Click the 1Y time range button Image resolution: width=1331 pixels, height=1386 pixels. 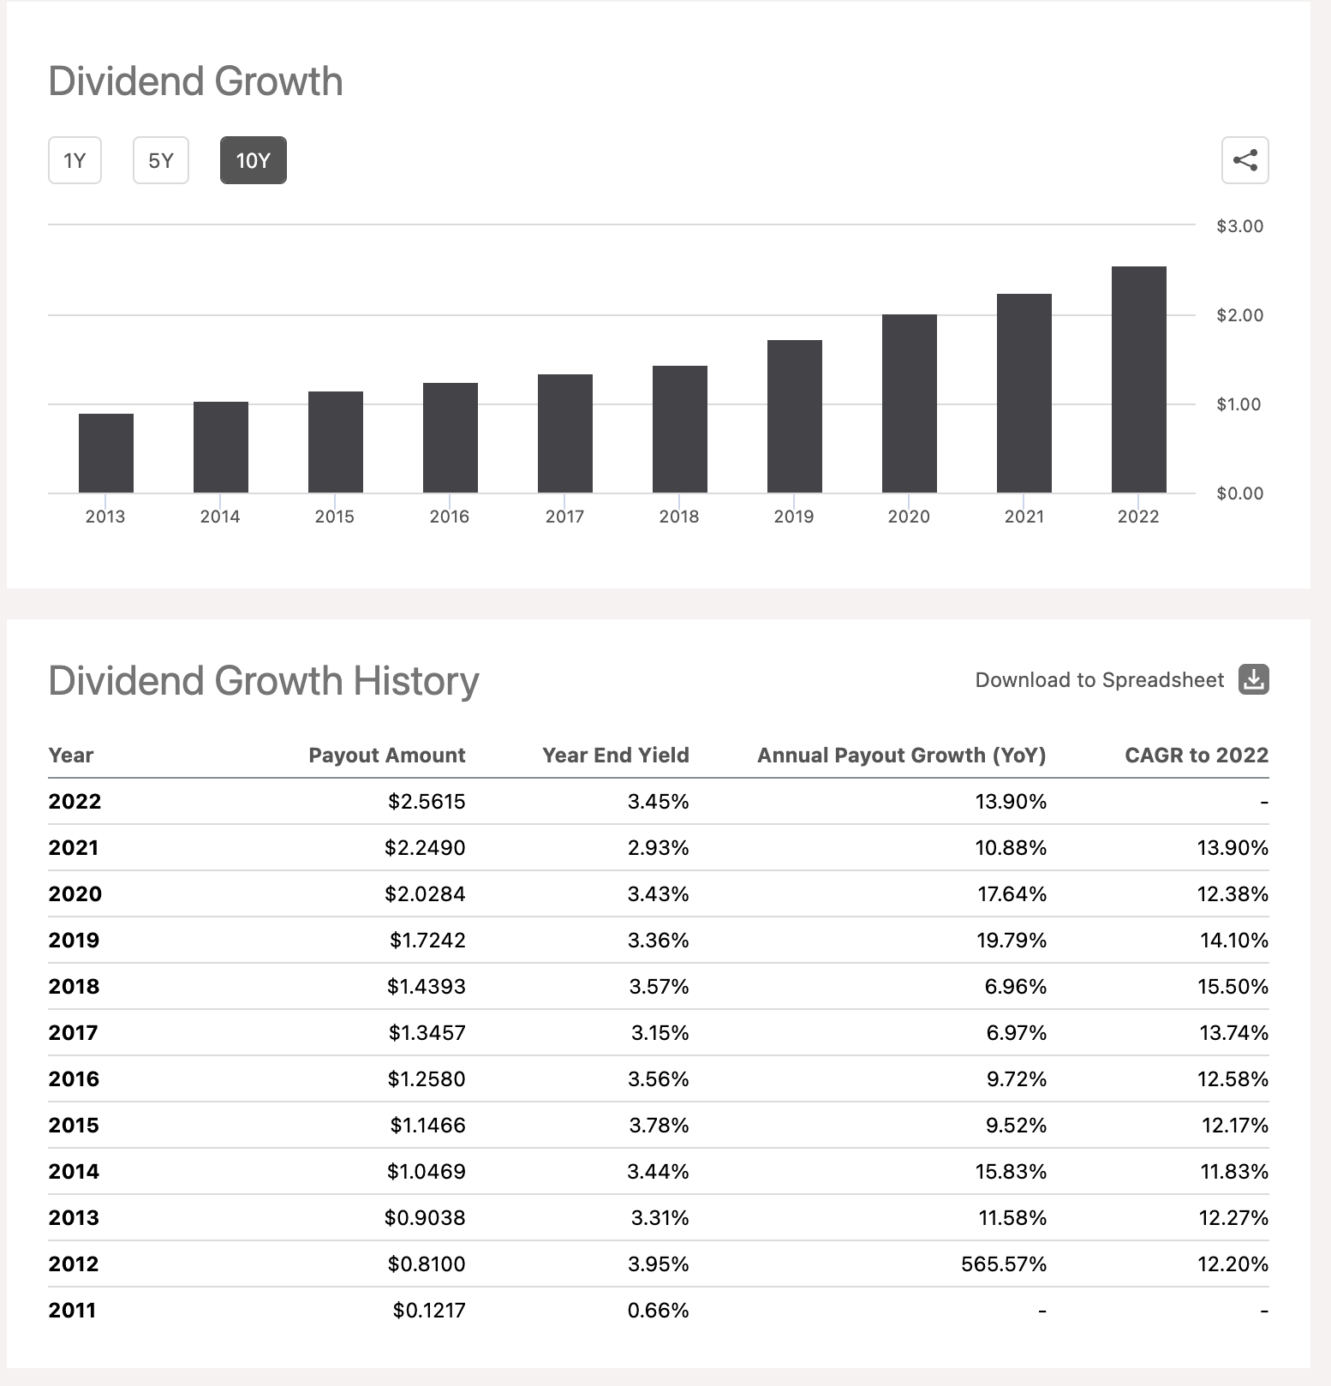[x=75, y=160]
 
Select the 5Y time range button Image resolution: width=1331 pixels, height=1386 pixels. [x=161, y=160]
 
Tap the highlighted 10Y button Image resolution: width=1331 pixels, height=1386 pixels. [x=253, y=160]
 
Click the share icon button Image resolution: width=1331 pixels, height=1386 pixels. [x=1244, y=160]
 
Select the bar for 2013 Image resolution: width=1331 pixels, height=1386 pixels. [x=106, y=453]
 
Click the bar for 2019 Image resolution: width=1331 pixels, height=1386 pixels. [x=794, y=416]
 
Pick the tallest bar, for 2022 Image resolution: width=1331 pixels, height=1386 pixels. [x=1138, y=379]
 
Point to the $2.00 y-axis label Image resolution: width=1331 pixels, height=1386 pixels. [x=1239, y=315]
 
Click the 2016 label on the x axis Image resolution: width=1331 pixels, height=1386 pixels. [x=450, y=517]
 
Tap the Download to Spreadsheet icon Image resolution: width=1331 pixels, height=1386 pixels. [x=1253, y=679]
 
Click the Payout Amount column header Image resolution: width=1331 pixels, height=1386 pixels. [x=386, y=755]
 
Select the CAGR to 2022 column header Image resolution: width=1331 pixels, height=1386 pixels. [x=1196, y=755]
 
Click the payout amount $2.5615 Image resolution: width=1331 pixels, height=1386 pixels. [x=427, y=801]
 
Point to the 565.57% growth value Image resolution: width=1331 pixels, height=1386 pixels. [x=1003, y=1264]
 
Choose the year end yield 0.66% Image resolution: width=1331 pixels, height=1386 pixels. [x=658, y=1310]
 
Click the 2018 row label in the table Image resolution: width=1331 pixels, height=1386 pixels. [x=75, y=986]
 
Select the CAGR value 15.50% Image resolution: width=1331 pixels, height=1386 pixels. [x=1233, y=986]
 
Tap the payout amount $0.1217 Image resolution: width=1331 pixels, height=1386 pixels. [x=429, y=1310]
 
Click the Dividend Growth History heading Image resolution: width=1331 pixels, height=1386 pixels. [x=264, y=681]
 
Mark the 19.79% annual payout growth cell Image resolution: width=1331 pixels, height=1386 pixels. [x=1012, y=940]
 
